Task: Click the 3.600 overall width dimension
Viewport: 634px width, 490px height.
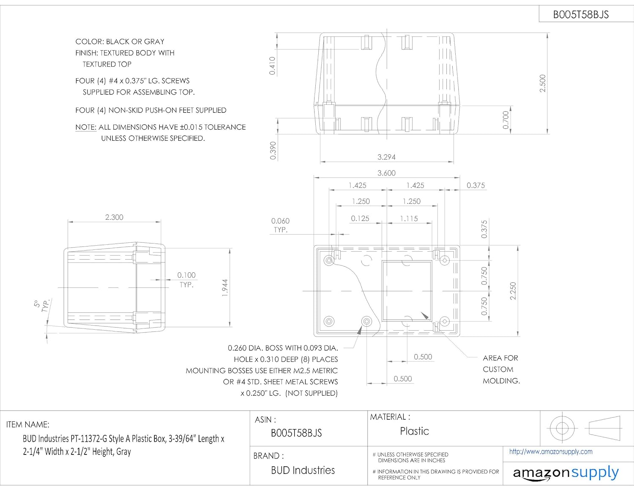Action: [386, 173]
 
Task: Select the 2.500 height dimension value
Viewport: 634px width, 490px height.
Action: [543, 83]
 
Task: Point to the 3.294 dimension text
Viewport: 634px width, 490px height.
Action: [386, 157]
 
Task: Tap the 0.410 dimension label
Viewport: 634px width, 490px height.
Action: [273, 66]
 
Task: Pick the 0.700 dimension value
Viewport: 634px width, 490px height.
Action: [506, 120]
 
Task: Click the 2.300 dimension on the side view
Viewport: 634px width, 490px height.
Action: [114, 217]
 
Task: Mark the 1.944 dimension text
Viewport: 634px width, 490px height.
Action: [225, 287]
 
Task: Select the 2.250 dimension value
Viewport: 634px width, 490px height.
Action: [513, 291]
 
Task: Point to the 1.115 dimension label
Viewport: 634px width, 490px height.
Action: [409, 219]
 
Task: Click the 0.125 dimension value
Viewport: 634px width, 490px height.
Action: [360, 219]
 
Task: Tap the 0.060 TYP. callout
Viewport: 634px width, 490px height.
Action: [280, 225]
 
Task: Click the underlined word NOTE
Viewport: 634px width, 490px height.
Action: [86, 127]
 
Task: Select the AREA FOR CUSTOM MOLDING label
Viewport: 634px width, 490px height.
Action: [501, 369]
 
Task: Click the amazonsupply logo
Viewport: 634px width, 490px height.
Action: [566, 473]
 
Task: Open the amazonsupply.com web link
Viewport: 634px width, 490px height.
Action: [551, 452]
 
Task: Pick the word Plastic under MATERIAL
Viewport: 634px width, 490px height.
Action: [414, 431]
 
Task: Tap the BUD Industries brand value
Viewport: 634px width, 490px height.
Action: [303, 470]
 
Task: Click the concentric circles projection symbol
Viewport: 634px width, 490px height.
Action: [562, 428]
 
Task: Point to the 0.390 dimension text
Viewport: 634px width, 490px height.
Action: [273, 151]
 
